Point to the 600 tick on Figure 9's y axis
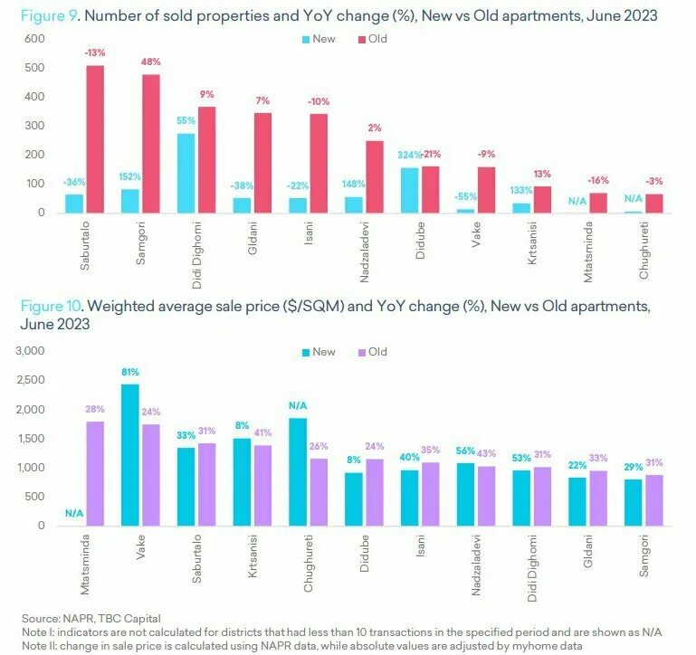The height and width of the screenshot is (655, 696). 34,39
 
